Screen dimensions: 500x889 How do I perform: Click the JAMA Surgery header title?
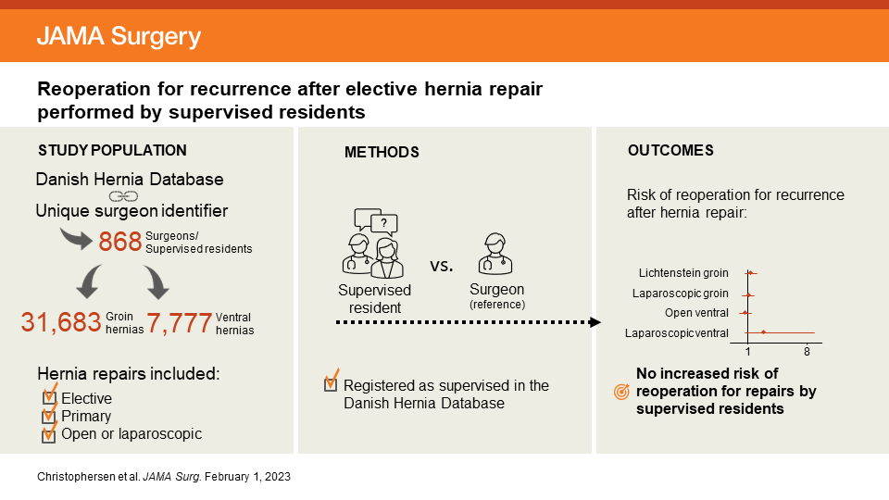118,36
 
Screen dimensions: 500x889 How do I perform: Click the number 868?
120,243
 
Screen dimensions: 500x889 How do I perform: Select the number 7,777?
179,323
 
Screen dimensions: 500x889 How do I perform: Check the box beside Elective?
50,398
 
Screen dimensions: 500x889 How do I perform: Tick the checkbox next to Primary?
50,417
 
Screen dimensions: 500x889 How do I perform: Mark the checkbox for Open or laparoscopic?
50,434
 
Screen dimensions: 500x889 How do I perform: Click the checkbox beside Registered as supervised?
331,385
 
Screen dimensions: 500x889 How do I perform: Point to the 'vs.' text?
442,266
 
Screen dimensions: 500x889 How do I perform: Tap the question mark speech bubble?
383,221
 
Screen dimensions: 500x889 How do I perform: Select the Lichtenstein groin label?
683,273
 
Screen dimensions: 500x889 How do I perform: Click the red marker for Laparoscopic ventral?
763,332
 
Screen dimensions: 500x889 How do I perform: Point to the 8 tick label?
808,353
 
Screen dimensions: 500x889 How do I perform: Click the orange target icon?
622,392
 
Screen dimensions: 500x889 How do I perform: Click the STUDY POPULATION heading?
112,150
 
